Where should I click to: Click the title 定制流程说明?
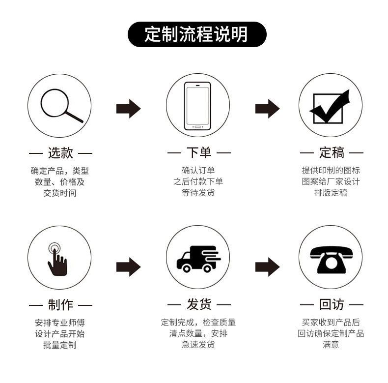click(196, 34)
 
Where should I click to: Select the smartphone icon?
click(197, 106)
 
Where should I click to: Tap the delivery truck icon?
click(198, 259)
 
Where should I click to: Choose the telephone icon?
click(331, 260)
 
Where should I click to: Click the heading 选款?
click(60, 152)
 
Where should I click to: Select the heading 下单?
click(199, 152)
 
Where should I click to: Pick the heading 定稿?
click(332, 152)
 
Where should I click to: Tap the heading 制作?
click(60, 304)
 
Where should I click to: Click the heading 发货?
click(199, 304)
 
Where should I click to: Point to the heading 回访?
click(332, 304)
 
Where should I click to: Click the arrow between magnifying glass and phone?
click(128, 109)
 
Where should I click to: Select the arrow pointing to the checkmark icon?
click(268, 109)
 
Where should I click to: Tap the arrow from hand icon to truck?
click(128, 267)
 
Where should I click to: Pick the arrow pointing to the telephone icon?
click(268, 267)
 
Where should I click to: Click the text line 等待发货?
click(198, 193)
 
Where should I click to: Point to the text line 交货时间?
click(60, 193)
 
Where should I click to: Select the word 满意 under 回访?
click(331, 344)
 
